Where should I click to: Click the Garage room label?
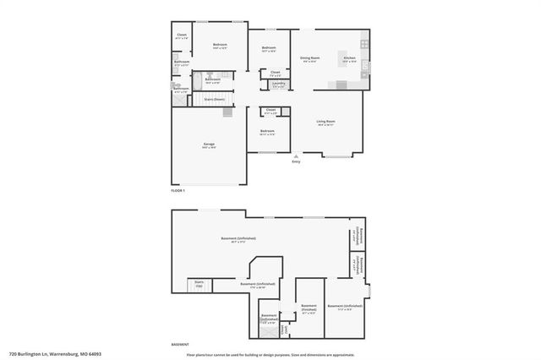(208, 145)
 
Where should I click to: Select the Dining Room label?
(308, 59)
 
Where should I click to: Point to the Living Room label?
(325, 124)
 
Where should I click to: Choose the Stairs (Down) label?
(214, 99)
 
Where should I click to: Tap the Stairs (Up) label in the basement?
(199, 283)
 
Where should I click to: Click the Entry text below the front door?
(296, 161)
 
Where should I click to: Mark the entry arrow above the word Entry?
(296, 156)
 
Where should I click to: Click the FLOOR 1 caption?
(178, 192)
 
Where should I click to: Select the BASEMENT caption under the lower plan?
(180, 345)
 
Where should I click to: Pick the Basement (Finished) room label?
(309, 307)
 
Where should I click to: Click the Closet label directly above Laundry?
(276, 74)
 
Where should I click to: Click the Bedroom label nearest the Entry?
(267, 133)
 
